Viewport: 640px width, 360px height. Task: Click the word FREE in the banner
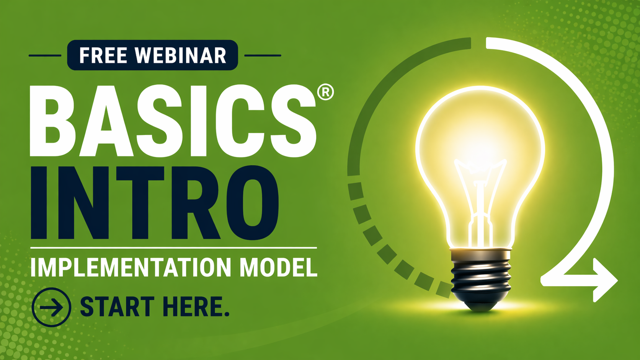click(103, 55)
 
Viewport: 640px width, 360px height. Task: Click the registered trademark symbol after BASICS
click(325, 92)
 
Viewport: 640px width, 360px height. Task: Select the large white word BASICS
click(173, 121)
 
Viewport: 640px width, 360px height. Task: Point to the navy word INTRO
click(155, 202)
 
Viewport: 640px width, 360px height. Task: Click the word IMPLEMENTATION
click(131, 267)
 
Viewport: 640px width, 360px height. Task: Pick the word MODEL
click(278, 267)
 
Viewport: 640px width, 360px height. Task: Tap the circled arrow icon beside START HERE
click(51, 307)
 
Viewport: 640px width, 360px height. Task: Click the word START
click(117, 306)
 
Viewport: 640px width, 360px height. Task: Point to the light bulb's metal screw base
click(480, 274)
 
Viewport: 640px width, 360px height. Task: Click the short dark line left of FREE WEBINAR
click(45, 55)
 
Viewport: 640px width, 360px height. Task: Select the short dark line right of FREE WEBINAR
click(263, 55)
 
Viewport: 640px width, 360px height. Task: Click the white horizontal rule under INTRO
click(173, 248)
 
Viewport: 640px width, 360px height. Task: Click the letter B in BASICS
click(52, 121)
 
